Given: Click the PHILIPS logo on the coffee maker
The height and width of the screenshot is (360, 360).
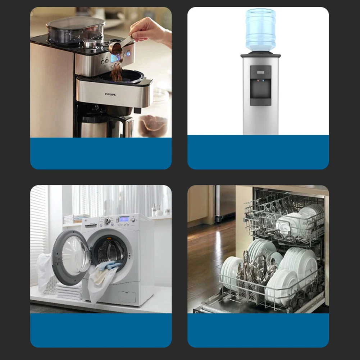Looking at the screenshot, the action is point(110,94).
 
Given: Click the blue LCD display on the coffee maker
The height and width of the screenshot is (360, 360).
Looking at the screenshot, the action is point(115,58).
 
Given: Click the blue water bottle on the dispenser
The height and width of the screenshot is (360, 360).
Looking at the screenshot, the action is point(261,29).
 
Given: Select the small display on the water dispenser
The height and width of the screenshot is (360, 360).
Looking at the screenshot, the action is point(261,72).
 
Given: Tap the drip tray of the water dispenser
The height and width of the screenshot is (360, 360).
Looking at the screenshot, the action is point(261,101).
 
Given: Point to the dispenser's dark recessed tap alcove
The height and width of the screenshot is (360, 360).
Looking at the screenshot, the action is point(261,88).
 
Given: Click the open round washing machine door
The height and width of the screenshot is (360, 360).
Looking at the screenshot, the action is point(72,258).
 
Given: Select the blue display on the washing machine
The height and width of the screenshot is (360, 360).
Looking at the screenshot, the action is point(124,219).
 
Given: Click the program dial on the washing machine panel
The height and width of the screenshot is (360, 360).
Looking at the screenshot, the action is point(107,221).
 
